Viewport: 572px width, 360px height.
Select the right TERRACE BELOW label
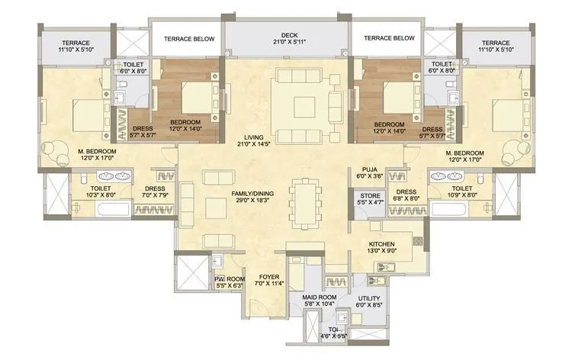point(389,38)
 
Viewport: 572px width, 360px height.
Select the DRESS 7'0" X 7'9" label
point(155,192)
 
